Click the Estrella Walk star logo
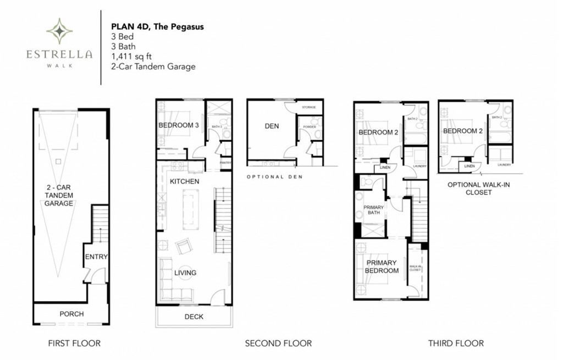(x=59, y=31)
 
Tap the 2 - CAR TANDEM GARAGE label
(x=59, y=195)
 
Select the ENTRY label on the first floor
(x=96, y=257)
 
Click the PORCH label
(x=71, y=314)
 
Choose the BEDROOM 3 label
(x=179, y=125)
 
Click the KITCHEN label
(x=184, y=181)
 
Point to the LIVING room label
(x=185, y=273)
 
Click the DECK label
(x=194, y=317)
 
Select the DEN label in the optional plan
(x=272, y=126)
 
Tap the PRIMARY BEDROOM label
(x=382, y=267)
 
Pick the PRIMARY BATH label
(x=374, y=211)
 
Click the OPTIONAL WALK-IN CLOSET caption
(x=478, y=188)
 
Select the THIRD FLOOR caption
(x=456, y=343)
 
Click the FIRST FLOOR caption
(x=74, y=343)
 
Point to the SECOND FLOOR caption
(x=278, y=343)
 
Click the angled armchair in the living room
(x=183, y=247)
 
